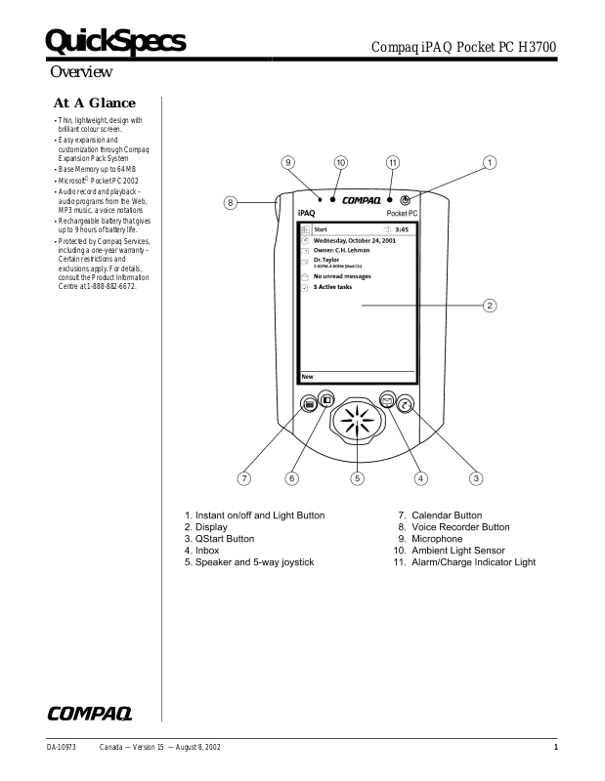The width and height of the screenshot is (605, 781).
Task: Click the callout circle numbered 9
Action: click(x=288, y=162)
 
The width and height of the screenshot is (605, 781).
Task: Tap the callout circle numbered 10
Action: click(x=341, y=162)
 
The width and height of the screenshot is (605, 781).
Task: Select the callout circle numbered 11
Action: click(x=392, y=162)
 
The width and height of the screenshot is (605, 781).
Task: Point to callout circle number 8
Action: click(x=230, y=203)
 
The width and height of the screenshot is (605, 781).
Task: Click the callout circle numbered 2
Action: click(x=491, y=306)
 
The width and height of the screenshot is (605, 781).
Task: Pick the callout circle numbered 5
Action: click(x=358, y=478)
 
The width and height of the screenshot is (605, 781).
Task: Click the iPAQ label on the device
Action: click(x=306, y=212)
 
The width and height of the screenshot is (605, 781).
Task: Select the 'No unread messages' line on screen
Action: click(x=342, y=276)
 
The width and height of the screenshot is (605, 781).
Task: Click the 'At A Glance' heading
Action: click(x=94, y=103)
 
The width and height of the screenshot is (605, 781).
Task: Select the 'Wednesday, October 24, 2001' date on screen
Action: click(x=354, y=240)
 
